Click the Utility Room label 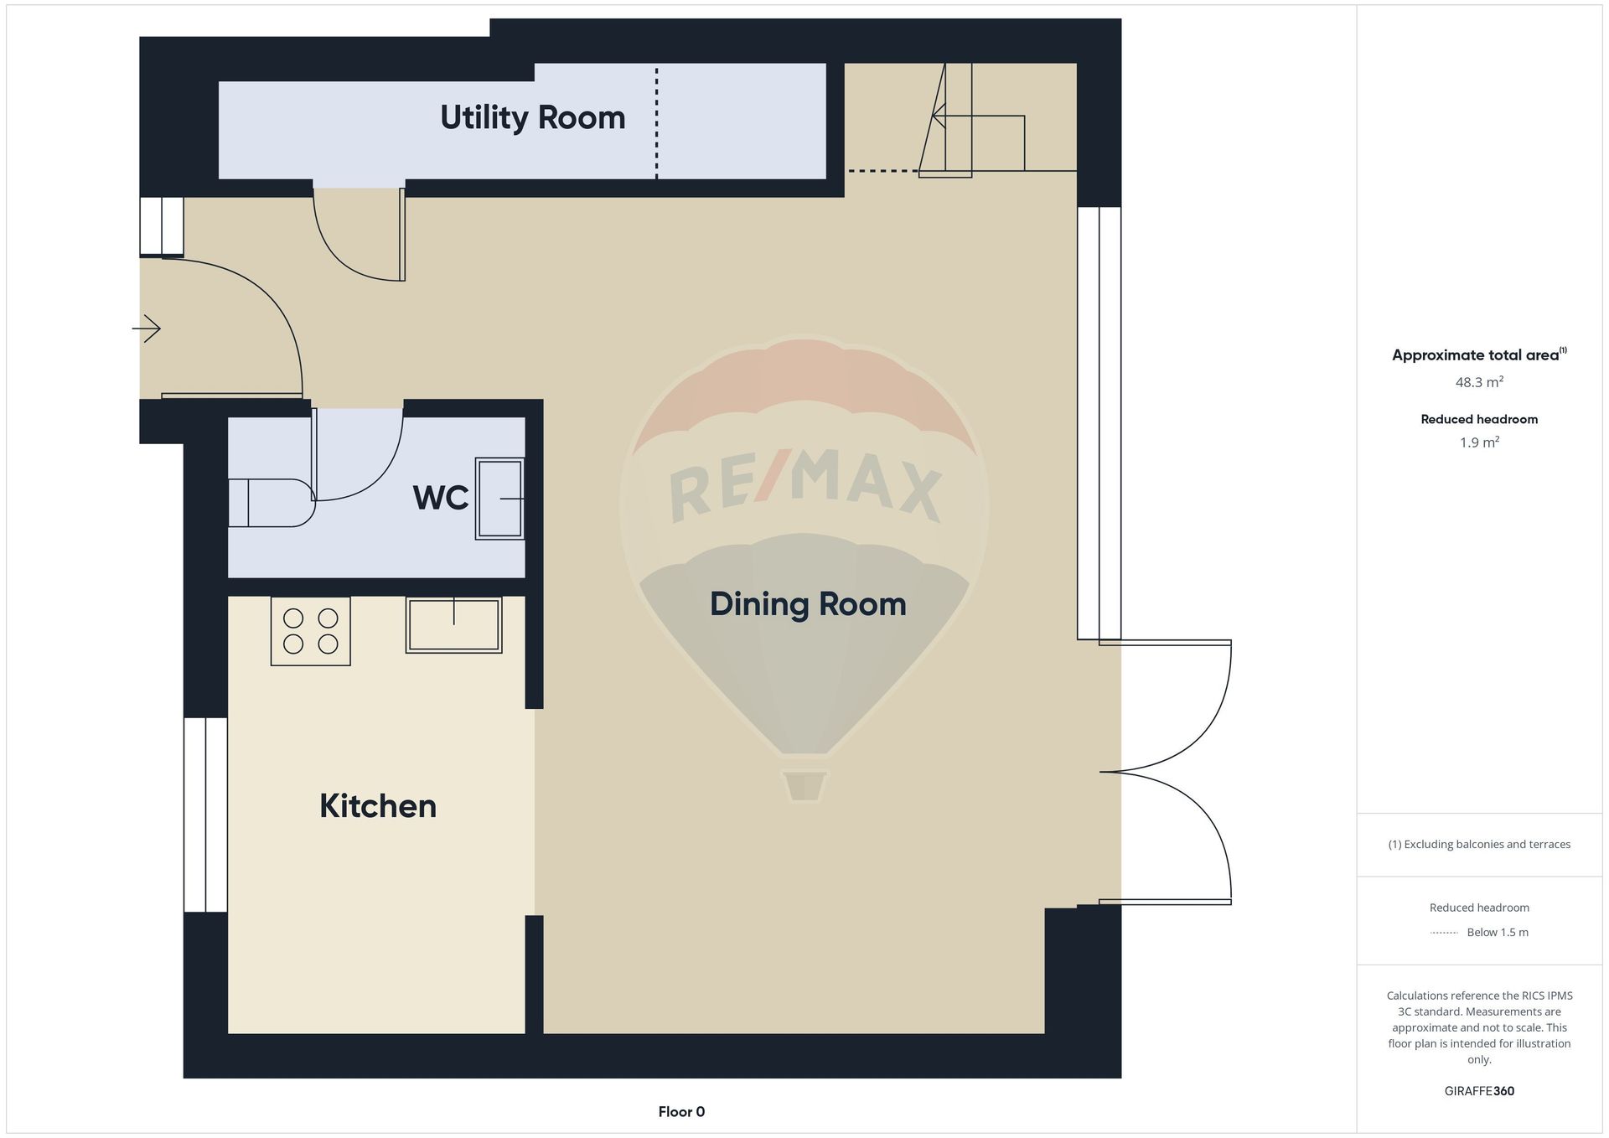(533, 118)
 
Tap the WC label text (441, 498)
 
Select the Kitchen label (378, 806)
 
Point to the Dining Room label (808, 604)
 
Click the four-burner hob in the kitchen (311, 631)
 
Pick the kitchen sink (454, 625)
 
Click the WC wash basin (500, 499)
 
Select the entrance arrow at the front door (147, 328)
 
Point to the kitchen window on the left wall (205, 815)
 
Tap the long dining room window (1099, 423)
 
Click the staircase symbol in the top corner (972, 120)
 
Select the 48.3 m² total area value (1479, 382)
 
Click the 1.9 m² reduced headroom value (1479, 442)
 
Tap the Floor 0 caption (681, 1112)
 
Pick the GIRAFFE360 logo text (1479, 1091)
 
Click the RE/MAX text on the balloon (805, 486)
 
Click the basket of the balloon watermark (804, 785)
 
